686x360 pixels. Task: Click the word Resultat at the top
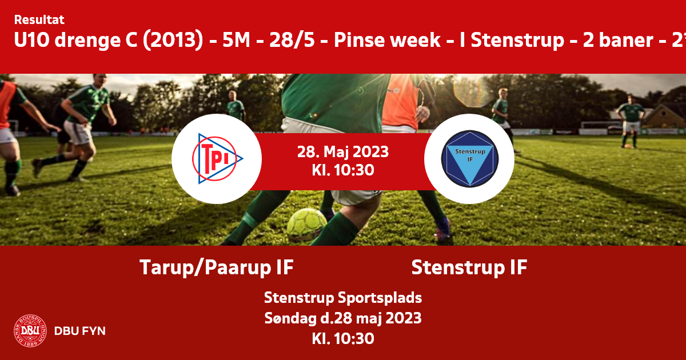39,20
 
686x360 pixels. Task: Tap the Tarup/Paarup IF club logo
217,159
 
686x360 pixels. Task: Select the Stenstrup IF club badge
469,159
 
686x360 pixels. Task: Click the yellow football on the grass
306,225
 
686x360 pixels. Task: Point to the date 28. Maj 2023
343,152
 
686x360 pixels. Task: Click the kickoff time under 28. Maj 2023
343,170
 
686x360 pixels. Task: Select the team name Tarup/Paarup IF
217,267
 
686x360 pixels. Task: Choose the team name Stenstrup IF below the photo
469,267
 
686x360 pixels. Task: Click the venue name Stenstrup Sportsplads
343,298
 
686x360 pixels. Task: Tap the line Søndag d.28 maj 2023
343,318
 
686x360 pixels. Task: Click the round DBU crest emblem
30,331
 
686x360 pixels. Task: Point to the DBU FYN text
80,331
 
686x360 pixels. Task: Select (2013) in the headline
173,40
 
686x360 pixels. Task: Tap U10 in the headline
32,40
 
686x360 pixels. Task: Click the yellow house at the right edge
666,117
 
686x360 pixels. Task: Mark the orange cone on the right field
628,146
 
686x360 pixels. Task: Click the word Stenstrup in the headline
517,40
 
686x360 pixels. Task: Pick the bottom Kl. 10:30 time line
343,338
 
